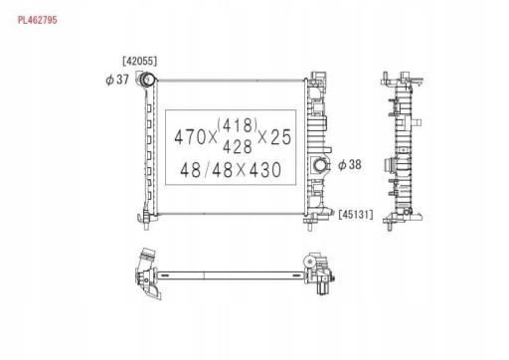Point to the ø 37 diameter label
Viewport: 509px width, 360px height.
pos(117,80)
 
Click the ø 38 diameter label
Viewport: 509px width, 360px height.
pos(349,164)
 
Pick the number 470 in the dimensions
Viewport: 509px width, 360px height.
pos(191,135)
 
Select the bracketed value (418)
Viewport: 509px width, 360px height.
pos(238,125)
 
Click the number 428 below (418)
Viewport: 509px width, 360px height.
pos(238,145)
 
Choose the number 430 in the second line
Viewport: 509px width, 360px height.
pos(261,170)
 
